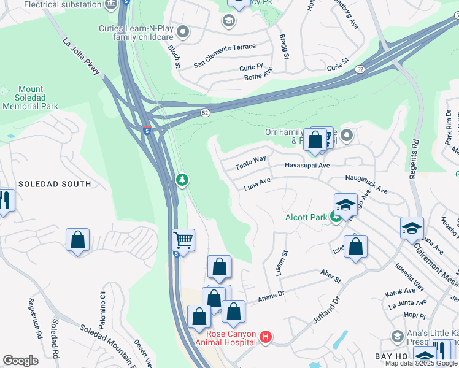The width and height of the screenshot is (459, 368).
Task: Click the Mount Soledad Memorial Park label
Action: pyautogui.click(x=30, y=98)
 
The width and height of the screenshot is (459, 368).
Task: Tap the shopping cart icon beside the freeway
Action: pyautogui.click(x=183, y=240)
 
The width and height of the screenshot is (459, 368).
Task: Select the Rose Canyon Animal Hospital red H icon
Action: pyautogui.click(x=266, y=336)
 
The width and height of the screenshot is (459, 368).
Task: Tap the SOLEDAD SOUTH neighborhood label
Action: pyautogui.click(x=54, y=184)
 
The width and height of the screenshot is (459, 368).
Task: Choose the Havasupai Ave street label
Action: pyautogui.click(x=307, y=166)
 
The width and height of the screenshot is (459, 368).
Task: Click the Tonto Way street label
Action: pyautogui.click(x=250, y=163)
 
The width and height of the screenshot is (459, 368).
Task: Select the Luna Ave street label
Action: pyautogui.click(x=257, y=182)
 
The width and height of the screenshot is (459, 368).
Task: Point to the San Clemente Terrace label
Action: pyautogui.click(x=224, y=56)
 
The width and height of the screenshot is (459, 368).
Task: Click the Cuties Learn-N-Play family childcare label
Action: pyautogui.click(x=136, y=33)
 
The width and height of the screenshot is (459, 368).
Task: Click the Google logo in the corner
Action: pyautogui.click(x=20, y=360)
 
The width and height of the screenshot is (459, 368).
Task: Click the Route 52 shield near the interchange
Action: pyautogui.click(x=205, y=112)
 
